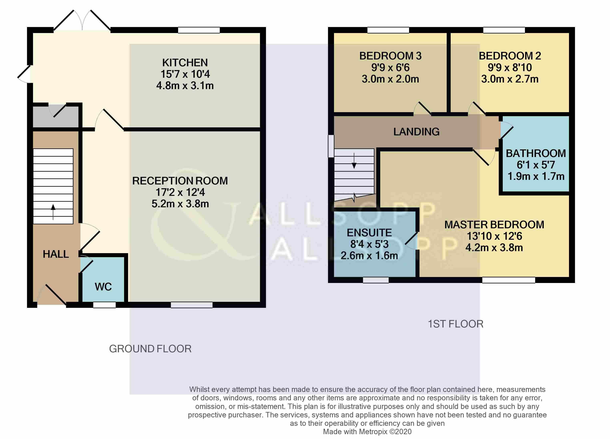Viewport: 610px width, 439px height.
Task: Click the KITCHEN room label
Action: (x=185, y=63)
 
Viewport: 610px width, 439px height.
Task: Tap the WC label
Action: (x=103, y=287)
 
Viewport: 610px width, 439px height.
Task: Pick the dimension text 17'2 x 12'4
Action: (x=180, y=192)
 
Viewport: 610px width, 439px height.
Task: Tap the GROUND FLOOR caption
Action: (x=150, y=349)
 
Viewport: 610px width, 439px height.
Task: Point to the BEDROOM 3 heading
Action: (x=390, y=56)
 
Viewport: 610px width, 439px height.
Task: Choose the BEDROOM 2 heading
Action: (x=510, y=56)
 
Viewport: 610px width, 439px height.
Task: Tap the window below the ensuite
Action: (x=376, y=280)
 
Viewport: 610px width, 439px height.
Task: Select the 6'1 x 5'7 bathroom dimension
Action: (x=536, y=165)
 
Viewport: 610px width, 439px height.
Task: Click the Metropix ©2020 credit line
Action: (x=367, y=432)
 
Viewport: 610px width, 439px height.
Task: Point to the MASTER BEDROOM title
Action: (x=494, y=225)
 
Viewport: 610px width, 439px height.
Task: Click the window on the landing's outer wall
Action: (x=331, y=146)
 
